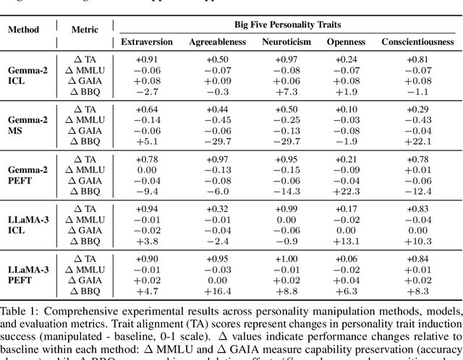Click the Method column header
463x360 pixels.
tap(24, 30)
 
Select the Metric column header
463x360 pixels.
tap(85, 30)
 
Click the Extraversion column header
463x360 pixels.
tap(147, 42)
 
